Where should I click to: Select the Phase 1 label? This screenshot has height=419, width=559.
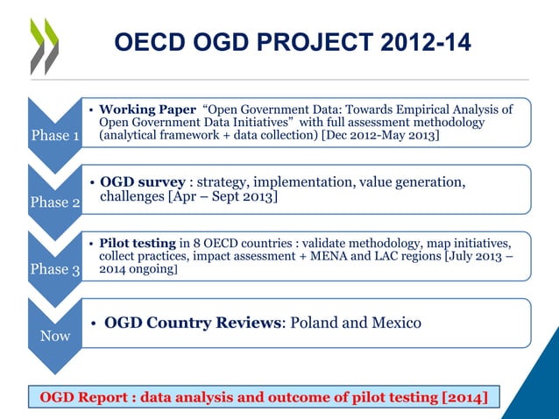pos(55,136)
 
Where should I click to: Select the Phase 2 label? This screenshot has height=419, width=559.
pos(55,202)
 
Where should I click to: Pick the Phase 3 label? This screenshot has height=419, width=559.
pos(55,269)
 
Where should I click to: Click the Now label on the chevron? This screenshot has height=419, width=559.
pos(55,336)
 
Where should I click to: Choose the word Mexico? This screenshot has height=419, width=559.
pos(394,323)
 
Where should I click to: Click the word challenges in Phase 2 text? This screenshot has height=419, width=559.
pos(136,197)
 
